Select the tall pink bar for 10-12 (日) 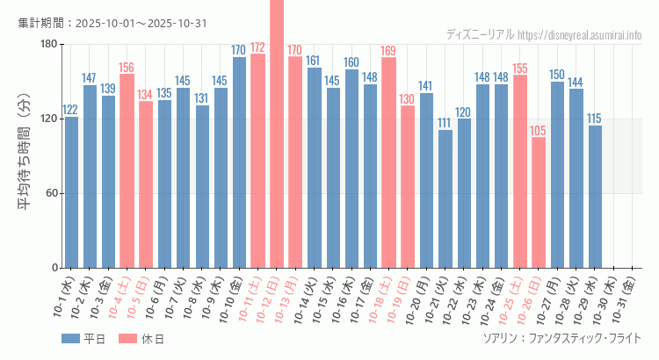[277, 132]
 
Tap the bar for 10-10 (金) [239, 162]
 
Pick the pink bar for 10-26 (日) [539, 202]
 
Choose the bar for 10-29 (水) [595, 197]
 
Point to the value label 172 [257, 47]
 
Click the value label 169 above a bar [388, 50]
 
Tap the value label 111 [445, 123]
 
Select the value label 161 [314, 61]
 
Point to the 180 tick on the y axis [48, 45]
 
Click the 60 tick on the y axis [52, 193]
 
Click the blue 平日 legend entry [83, 339]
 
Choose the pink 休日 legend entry [141, 339]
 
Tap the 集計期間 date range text [112, 23]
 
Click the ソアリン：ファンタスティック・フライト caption [561, 338]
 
